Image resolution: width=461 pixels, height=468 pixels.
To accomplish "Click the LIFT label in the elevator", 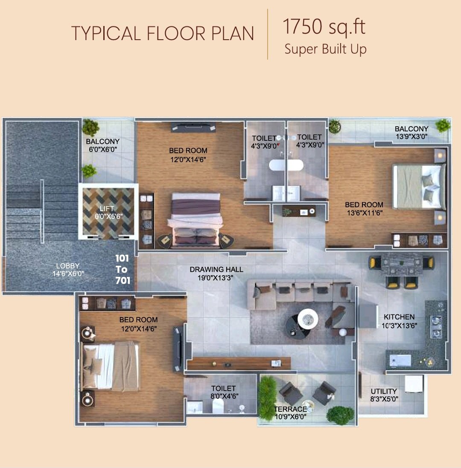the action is (107, 209).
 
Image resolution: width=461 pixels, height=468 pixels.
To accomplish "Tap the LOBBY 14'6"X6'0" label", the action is (68, 270).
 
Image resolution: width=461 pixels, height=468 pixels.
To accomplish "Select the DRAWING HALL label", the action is (216, 269).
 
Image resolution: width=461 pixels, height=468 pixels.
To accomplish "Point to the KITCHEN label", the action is (399, 317).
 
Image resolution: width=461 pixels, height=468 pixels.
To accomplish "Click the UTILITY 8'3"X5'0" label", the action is (384, 395).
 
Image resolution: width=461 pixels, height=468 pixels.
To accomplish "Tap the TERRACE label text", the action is (291, 409).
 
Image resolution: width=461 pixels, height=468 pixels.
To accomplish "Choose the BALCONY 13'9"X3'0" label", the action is (411, 133).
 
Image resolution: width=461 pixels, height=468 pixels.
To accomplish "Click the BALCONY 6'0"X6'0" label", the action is (103, 145).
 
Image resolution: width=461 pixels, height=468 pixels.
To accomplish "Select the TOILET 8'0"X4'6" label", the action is (224, 392).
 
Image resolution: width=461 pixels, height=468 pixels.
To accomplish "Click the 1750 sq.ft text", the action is (324, 27).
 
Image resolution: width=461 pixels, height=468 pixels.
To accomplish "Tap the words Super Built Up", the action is (325, 49).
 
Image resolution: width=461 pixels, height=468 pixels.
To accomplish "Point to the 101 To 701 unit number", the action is (123, 269).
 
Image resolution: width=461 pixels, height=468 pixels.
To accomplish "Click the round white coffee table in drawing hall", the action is (308, 318).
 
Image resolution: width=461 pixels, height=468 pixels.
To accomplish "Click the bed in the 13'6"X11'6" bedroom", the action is (419, 186).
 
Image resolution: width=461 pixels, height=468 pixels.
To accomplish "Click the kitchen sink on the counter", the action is (400, 360).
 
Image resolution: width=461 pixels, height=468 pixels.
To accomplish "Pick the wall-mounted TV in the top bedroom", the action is (193, 127).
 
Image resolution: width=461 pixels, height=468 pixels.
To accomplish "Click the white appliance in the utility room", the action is (414, 384).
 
